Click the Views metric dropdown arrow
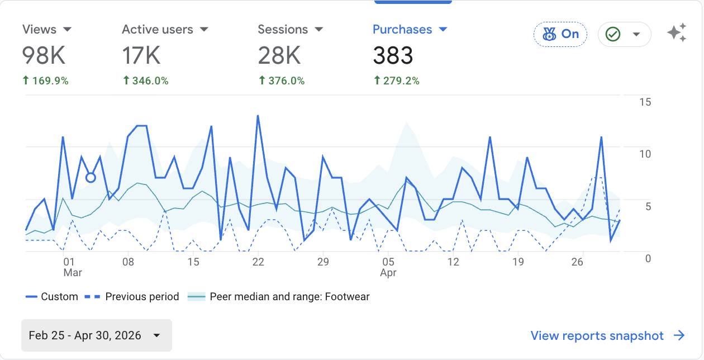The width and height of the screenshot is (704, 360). pos(67,30)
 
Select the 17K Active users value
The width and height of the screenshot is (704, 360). pos(141,55)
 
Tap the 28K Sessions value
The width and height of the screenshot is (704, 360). pos(279,55)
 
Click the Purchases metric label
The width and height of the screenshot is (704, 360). pos(402,30)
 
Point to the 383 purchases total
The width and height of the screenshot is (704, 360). pos(393,55)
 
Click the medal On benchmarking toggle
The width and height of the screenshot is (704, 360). pos(560,34)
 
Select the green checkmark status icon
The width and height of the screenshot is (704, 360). pos(613,34)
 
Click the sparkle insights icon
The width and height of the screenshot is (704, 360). pos(677,32)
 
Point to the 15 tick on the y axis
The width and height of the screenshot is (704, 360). pos(645,102)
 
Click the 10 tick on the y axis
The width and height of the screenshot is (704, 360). pos(645,154)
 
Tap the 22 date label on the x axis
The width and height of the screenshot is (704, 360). pos(258,262)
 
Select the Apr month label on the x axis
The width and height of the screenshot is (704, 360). pos(388,273)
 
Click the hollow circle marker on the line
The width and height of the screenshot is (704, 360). pos(91,178)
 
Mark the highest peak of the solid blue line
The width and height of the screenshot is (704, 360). pos(258,116)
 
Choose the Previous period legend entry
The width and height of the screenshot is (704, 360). pos(132,296)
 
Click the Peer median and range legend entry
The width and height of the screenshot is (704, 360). pos(278,296)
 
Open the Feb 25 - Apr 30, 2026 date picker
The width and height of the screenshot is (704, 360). pos(97,335)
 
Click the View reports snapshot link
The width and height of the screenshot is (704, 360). pos(608,335)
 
